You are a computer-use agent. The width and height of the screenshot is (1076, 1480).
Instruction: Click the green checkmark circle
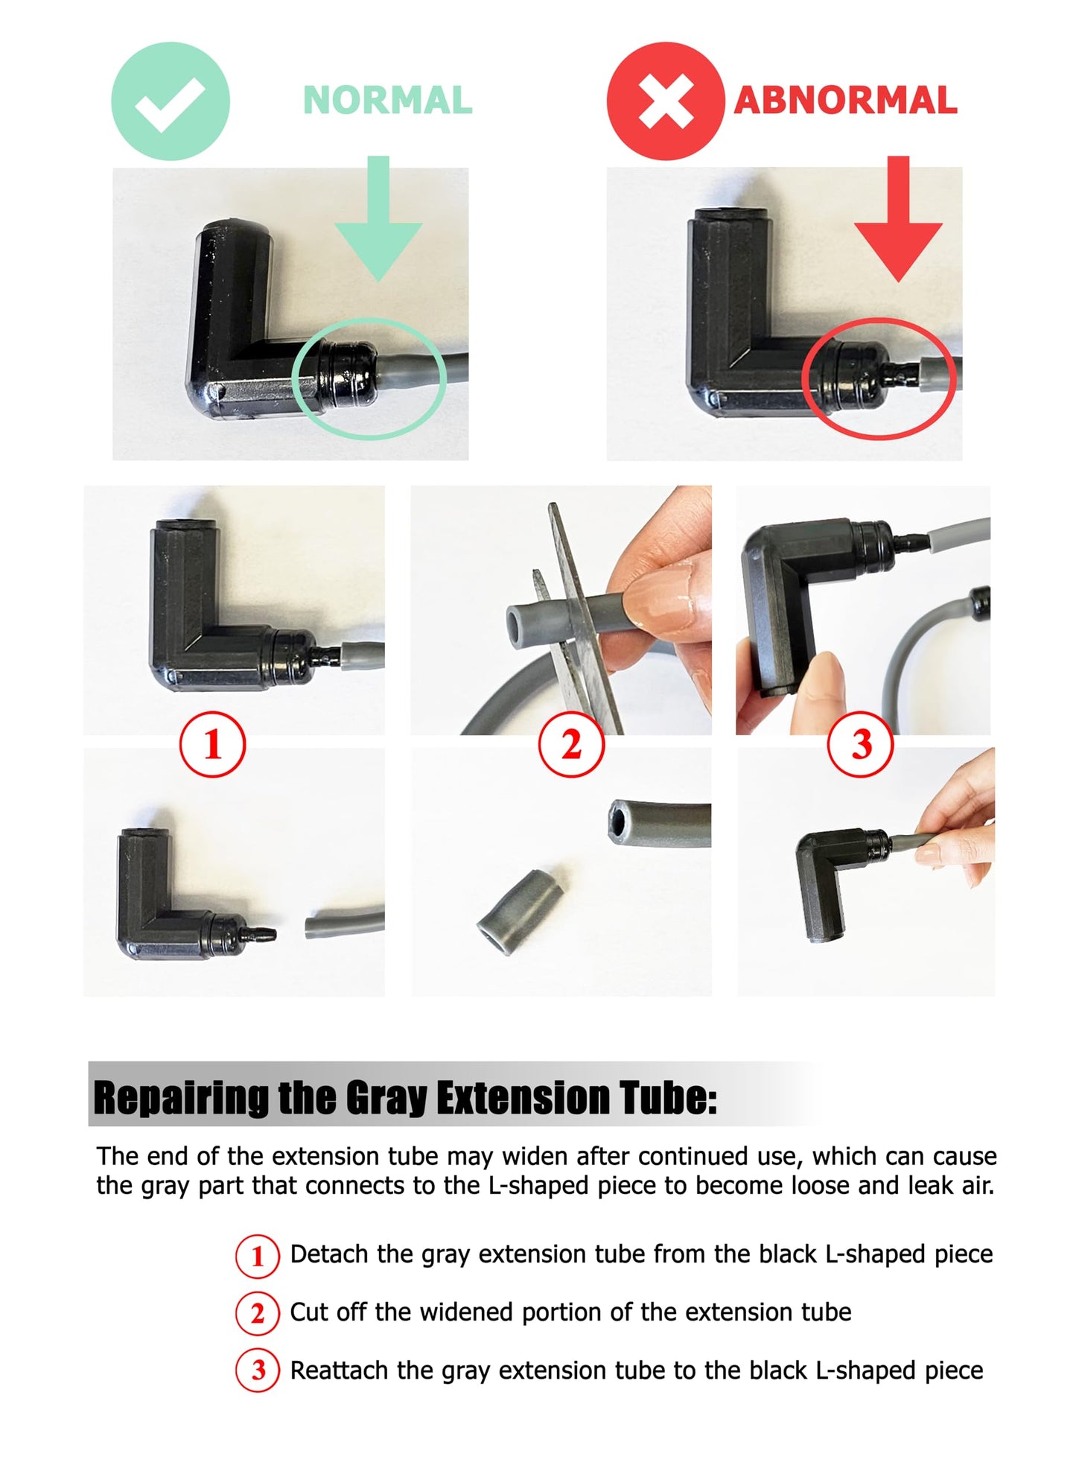pos(171,101)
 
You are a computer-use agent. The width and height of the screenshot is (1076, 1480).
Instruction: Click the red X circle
pos(666,101)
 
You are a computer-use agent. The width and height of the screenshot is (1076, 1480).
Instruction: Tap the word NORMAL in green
pos(388,101)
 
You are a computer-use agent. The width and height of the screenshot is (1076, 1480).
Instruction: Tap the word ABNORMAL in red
pos(846,101)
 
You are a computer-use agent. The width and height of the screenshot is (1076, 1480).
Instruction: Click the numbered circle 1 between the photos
pos(213,744)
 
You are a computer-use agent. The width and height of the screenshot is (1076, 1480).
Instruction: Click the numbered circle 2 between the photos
pos(571,744)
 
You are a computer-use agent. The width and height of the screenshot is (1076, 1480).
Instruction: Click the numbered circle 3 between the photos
pos(861,744)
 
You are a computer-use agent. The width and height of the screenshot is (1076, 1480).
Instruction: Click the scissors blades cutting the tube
pos(577,618)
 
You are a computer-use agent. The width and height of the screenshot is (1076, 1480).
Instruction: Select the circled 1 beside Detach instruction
pos(258,1256)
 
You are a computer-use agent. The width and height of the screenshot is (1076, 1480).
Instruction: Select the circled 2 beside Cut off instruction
pos(258,1313)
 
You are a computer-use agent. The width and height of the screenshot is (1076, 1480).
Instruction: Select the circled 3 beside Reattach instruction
pos(258,1371)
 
